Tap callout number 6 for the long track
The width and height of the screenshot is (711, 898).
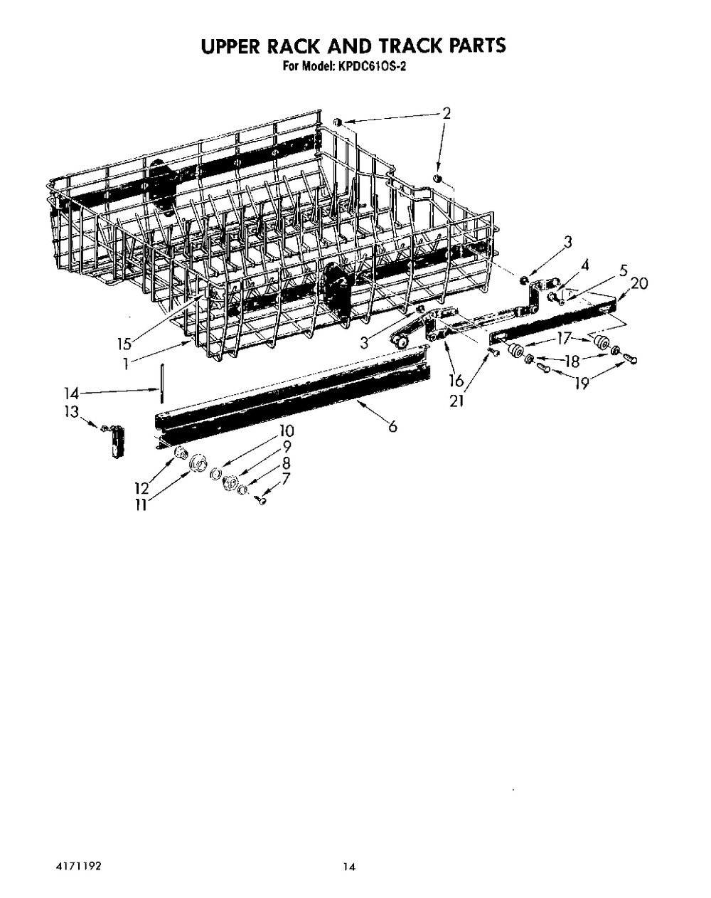pyautogui.click(x=392, y=426)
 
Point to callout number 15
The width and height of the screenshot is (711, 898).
pyautogui.click(x=124, y=344)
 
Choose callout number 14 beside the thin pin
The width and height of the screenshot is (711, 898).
pyautogui.click(x=71, y=393)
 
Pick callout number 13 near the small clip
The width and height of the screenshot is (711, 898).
pyautogui.click(x=71, y=412)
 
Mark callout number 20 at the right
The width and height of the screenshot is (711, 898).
pyautogui.click(x=639, y=284)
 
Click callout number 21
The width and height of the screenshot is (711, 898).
pyautogui.click(x=457, y=401)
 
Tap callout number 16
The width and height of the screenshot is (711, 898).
pyautogui.click(x=456, y=380)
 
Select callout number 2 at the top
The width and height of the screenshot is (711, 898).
pyautogui.click(x=447, y=113)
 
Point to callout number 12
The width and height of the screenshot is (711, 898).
pyautogui.click(x=141, y=488)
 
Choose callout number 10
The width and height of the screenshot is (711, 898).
pyautogui.click(x=287, y=430)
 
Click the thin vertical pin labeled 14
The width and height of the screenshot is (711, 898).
pyautogui.click(x=161, y=384)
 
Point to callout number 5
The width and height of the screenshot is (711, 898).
pyautogui.click(x=623, y=270)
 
